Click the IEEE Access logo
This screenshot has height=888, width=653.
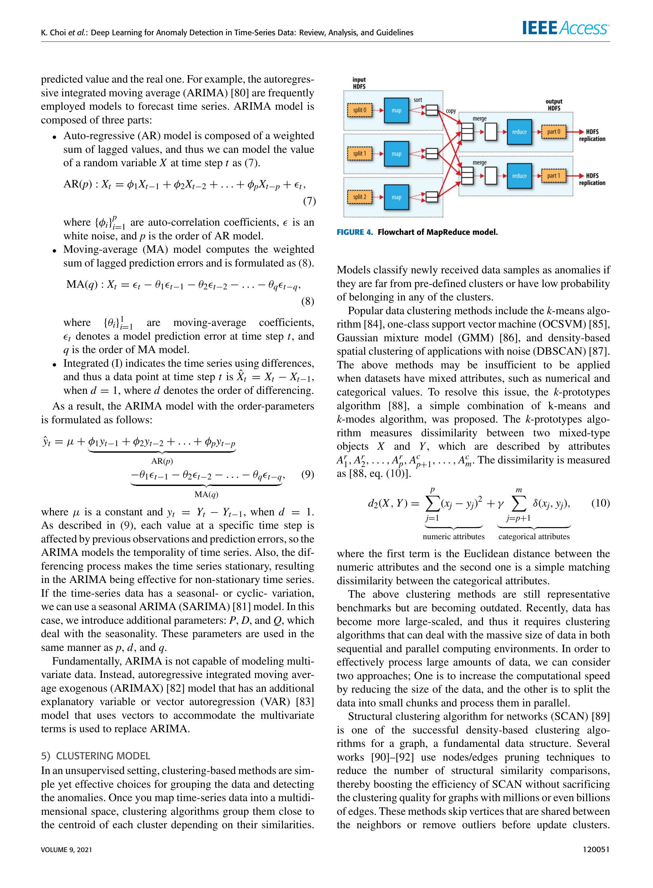(565, 28)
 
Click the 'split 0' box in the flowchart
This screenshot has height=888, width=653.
(359, 110)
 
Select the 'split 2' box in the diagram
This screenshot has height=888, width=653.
(359, 197)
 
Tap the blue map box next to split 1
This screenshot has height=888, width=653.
(396, 154)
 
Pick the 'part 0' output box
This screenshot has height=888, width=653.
(553, 132)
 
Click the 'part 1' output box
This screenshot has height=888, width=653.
(553, 176)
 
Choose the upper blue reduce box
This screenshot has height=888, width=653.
(519, 132)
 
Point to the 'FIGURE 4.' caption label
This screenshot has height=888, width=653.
(355, 232)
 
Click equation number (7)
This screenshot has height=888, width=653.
(309, 201)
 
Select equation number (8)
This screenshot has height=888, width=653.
(308, 301)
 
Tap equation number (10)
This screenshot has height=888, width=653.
(600, 503)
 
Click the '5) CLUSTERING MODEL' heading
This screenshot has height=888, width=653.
(95, 755)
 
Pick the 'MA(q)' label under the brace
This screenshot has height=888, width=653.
(206, 494)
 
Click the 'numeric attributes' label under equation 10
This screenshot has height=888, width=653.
(454, 537)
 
